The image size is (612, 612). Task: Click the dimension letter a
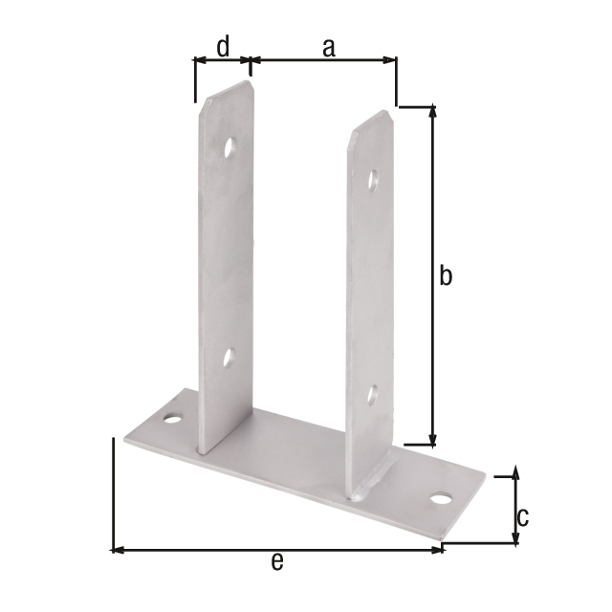pyautogui.click(x=328, y=47)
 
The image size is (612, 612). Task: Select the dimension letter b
pyautogui.click(x=446, y=275)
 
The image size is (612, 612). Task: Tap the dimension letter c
pyautogui.click(x=522, y=517)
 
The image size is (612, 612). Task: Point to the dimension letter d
pyautogui.click(x=223, y=47)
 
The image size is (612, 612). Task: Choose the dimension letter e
pyautogui.click(x=276, y=562)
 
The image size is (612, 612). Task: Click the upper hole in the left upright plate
pyautogui.click(x=229, y=147)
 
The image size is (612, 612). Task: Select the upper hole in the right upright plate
pyautogui.click(x=375, y=179)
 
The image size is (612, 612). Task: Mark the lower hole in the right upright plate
pyautogui.click(x=374, y=393)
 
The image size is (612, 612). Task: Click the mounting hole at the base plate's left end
pyautogui.click(x=173, y=418)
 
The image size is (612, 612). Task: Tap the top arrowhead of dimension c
pyautogui.click(x=515, y=474)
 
